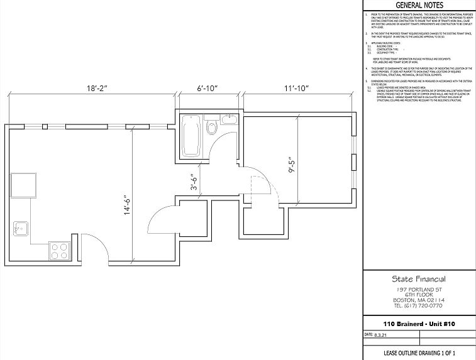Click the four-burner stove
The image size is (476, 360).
point(60,251)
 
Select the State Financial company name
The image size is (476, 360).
point(418,279)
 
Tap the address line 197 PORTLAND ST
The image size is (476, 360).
point(418,289)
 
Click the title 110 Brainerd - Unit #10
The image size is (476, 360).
point(418,324)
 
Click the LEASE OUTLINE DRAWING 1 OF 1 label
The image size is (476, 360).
point(418,353)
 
